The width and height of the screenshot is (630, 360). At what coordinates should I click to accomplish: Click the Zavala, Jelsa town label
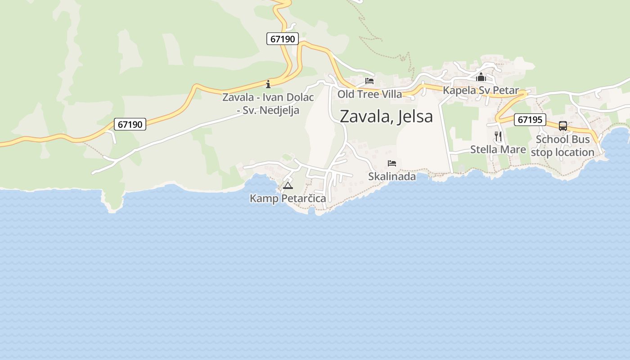point(386,116)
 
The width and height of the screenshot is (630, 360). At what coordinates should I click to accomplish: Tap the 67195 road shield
point(530,120)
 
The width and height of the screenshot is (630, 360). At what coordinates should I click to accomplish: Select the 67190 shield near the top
point(283,39)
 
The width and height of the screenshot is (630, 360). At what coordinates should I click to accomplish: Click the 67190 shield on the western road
point(130,124)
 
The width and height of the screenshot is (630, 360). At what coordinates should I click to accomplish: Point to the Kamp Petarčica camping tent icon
point(288,185)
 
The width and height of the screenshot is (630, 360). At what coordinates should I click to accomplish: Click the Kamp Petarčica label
point(288,198)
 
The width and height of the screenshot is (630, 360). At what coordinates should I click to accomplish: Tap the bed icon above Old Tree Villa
point(369,81)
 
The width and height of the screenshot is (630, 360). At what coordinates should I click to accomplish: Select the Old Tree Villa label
point(369,94)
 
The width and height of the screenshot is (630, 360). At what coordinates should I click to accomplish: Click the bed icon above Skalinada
point(392,163)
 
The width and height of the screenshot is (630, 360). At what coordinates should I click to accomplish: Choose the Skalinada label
point(392,176)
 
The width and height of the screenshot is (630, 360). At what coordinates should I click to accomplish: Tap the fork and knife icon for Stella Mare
point(498,136)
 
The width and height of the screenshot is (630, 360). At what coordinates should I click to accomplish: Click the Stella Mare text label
point(498,149)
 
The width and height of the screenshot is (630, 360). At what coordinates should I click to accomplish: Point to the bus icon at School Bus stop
point(562,126)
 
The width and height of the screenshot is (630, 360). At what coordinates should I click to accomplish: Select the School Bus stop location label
point(562,146)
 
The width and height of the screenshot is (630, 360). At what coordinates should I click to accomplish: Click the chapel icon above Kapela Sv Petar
point(481,77)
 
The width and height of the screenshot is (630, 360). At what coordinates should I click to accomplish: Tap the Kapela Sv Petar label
point(481,90)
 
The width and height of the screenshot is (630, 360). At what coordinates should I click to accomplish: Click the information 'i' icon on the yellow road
point(268,84)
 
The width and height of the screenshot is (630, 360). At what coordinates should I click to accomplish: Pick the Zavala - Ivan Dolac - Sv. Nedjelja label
point(268,103)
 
